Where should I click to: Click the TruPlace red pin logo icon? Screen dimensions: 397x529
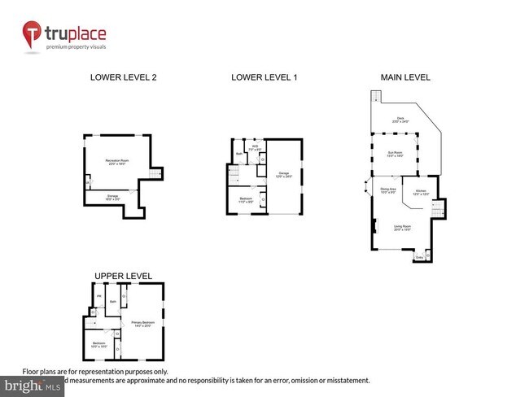click(33, 34)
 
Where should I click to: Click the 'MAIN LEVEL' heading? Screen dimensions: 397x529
click(404, 78)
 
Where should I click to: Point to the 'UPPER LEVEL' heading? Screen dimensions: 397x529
click(122, 276)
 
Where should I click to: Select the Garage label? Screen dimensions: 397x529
click(283, 174)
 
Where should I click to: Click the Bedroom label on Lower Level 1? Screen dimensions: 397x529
click(246, 199)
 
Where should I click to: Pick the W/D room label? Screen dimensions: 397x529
click(255, 148)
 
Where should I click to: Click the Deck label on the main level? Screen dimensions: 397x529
click(400, 120)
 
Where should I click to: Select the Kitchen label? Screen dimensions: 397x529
click(420, 192)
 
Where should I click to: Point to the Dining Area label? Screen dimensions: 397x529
click(387, 191)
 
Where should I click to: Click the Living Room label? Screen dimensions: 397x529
click(401, 229)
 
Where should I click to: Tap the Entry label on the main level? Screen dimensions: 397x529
click(419, 258)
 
